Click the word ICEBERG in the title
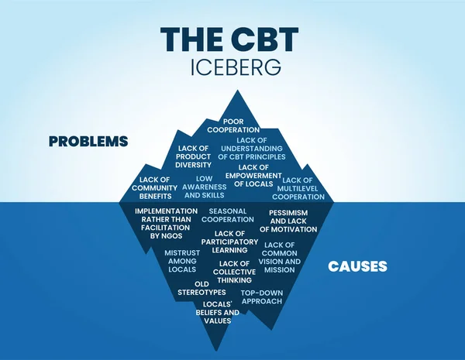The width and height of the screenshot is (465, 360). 232,68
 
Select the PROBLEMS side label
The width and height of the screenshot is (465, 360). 88,142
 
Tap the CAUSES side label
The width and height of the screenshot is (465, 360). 357,266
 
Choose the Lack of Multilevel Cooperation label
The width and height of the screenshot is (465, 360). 298,188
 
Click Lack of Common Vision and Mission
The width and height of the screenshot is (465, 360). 280,258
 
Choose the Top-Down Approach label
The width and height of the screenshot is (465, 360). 261,297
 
